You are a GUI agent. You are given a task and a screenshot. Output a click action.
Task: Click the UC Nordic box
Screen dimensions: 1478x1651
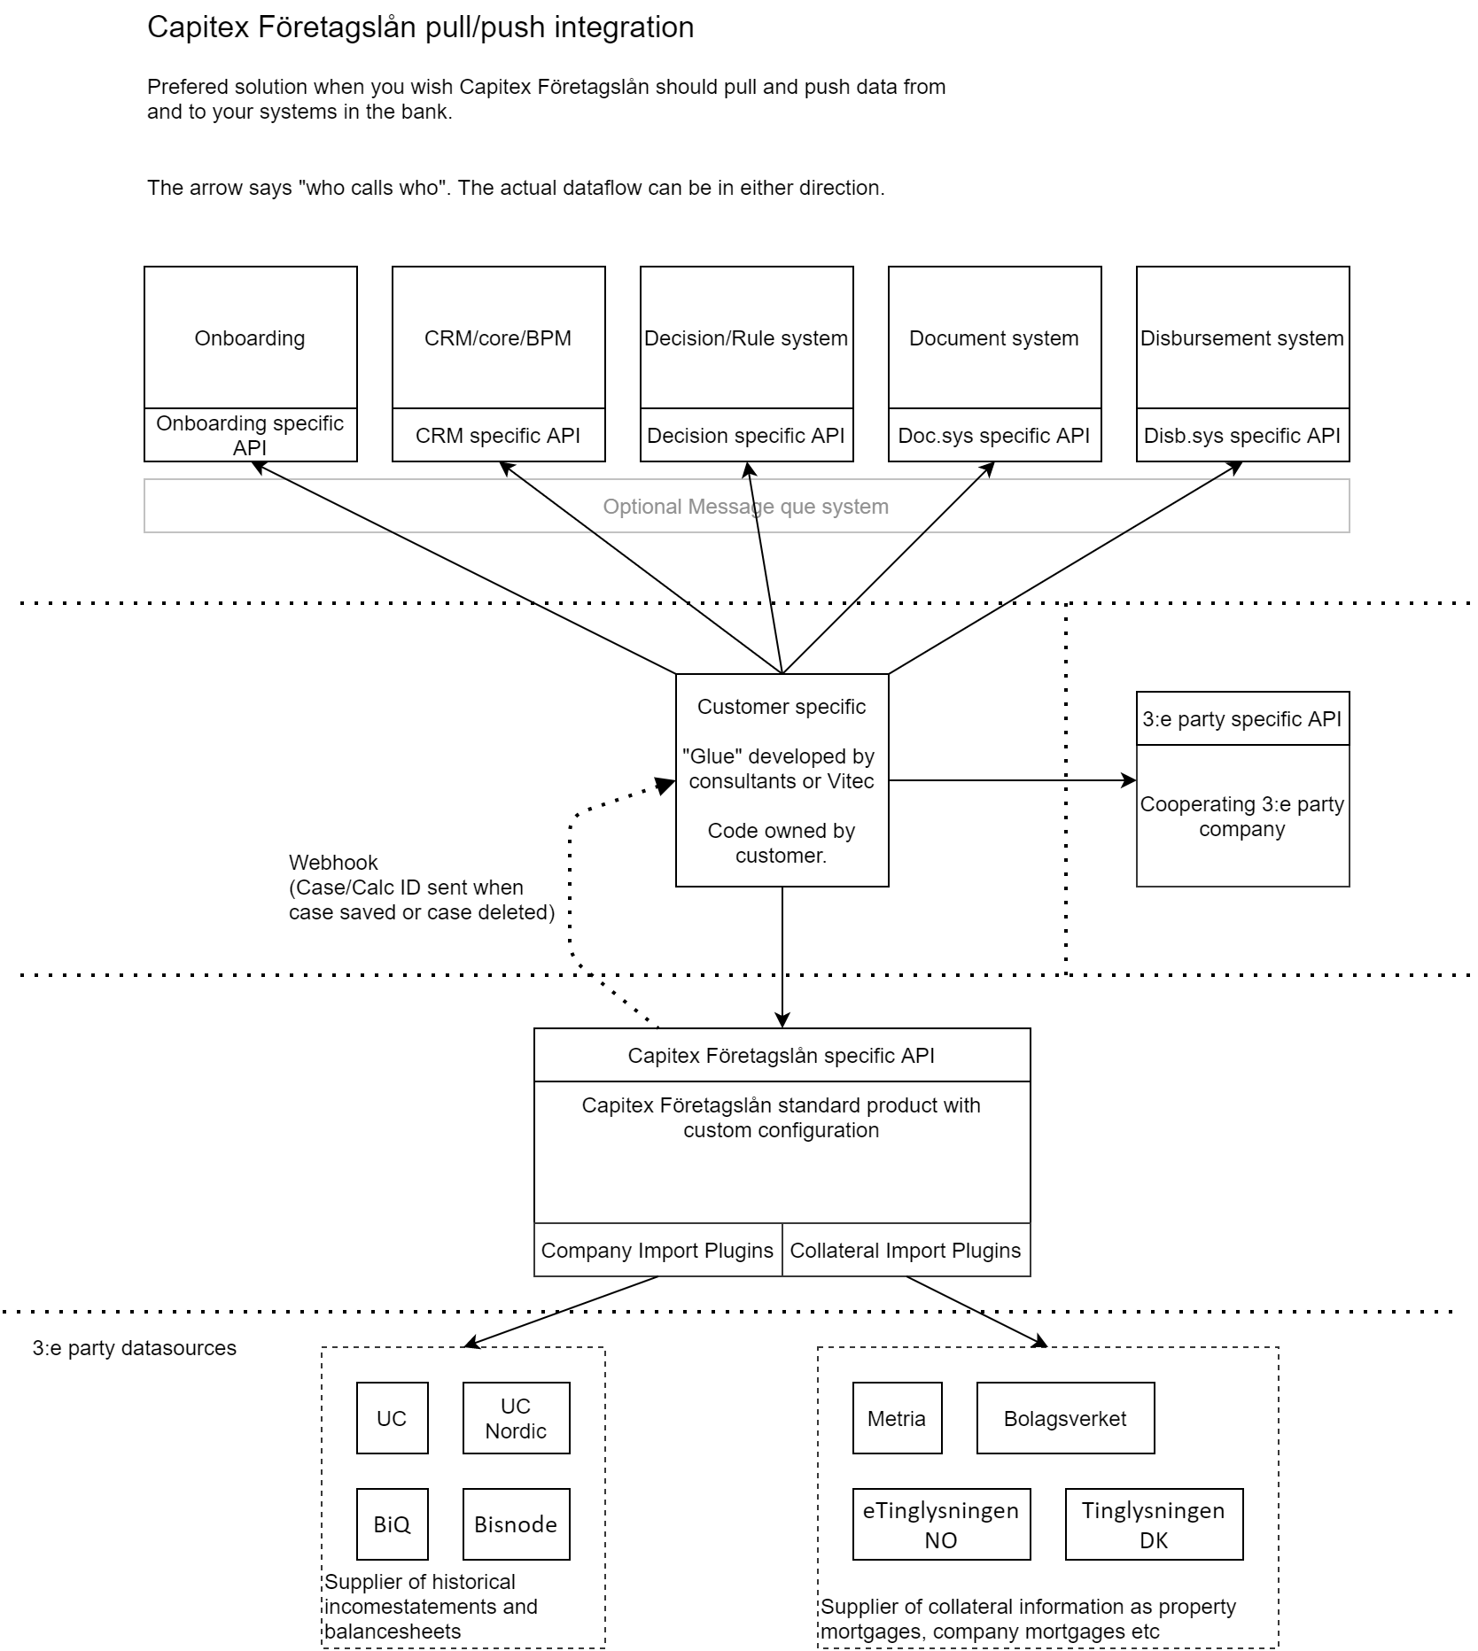(x=516, y=1418)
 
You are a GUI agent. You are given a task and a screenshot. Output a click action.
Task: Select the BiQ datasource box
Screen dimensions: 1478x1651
(x=392, y=1524)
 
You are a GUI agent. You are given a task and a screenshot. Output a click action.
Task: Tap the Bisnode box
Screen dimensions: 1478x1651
(x=516, y=1524)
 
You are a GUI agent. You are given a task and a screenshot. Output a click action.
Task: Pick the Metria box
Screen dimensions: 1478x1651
(x=897, y=1418)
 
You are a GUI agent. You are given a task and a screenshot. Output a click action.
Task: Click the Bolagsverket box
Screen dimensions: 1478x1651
(x=1065, y=1418)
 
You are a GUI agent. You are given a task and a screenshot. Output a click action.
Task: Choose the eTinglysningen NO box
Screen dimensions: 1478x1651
(x=941, y=1524)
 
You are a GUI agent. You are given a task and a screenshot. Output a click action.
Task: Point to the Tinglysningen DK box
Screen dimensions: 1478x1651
(x=1154, y=1524)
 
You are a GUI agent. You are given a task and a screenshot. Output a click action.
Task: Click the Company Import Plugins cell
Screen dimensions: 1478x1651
(x=657, y=1250)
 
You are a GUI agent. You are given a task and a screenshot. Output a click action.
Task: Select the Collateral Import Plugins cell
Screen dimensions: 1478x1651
(x=906, y=1250)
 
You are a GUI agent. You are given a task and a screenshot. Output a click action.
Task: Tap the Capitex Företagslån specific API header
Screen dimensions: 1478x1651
(x=782, y=1055)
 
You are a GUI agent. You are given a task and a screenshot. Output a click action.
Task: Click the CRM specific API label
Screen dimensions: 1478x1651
(x=498, y=435)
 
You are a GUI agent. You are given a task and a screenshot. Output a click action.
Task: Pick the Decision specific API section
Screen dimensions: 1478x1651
(x=746, y=435)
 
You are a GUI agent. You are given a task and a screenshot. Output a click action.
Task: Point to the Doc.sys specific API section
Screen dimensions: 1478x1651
(x=994, y=435)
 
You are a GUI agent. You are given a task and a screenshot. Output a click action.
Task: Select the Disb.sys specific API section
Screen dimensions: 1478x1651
(x=1242, y=435)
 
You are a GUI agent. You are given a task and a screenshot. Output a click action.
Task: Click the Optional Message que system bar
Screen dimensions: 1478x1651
(x=746, y=506)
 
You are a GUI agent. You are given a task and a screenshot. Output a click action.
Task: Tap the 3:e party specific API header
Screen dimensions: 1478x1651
(x=1242, y=718)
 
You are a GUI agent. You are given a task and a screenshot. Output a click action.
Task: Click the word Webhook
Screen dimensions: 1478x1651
(x=333, y=863)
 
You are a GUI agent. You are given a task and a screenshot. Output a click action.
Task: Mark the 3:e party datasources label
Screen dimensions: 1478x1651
(x=135, y=1348)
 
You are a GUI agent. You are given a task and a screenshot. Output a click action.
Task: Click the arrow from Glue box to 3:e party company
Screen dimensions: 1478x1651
(x=1012, y=780)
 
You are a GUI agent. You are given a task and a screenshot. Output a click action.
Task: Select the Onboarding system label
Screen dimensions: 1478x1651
(x=250, y=338)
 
